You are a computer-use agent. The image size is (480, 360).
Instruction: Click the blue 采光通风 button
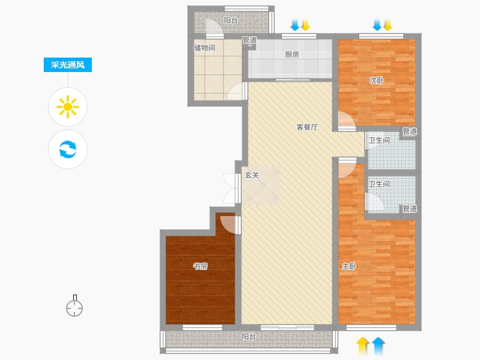pos(68,65)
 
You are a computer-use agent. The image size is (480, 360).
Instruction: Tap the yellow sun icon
pos(68,107)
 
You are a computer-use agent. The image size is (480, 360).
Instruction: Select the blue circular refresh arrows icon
pos(68,149)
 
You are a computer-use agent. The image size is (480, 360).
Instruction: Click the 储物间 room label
pos(204,48)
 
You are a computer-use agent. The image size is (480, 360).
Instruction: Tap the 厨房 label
pos(292,55)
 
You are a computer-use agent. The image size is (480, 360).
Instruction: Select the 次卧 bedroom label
pos(377,80)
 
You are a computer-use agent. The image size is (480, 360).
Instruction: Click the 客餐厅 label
pos(307,127)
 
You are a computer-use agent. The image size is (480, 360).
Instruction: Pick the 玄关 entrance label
pos(252,175)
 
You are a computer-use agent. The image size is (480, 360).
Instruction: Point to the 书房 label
pos(200,266)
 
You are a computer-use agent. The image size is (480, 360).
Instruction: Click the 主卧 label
pos(349,266)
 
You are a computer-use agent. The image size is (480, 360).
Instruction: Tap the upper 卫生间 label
pos(379,140)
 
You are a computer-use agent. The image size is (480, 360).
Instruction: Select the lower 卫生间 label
pos(379,184)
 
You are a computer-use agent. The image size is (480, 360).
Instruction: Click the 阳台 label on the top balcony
pos(231,20)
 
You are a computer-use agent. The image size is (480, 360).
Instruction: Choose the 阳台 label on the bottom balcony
pos(249,337)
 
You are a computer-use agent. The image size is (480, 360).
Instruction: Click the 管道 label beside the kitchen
pos(250,40)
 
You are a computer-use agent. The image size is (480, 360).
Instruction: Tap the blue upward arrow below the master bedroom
pos(379,346)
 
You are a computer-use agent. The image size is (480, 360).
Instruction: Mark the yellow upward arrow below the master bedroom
pos(362,346)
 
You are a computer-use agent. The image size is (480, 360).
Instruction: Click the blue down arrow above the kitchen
pos(295,25)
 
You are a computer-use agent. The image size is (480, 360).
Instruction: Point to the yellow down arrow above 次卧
pos(388,25)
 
